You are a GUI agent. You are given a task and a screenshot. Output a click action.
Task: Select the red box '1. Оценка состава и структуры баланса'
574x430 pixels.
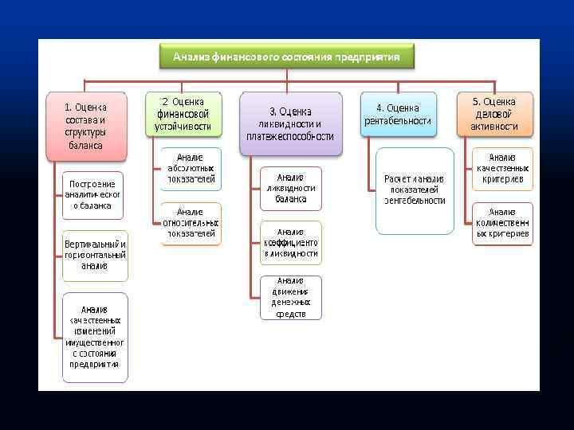(85, 126)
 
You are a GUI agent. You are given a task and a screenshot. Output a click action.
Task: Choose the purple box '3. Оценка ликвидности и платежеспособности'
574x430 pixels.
(290, 123)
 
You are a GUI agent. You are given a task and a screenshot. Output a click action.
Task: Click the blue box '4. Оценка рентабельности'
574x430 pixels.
(398, 115)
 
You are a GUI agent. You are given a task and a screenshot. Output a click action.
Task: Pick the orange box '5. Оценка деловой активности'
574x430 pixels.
(493, 114)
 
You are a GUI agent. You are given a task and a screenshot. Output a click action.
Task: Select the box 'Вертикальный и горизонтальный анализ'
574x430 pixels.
(95, 255)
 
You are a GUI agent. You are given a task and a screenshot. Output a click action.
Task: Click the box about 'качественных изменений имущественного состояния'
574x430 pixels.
(94, 337)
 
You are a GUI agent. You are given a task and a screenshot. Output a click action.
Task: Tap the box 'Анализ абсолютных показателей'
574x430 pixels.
(191, 169)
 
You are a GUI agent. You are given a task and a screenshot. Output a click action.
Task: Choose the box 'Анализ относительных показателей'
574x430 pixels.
(191, 223)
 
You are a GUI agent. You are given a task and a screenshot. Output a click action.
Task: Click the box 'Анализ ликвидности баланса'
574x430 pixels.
(291, 188)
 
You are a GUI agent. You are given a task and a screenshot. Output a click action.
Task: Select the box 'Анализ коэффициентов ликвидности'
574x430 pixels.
(291, 242)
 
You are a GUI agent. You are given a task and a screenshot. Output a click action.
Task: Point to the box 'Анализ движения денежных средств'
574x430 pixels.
(291, 297)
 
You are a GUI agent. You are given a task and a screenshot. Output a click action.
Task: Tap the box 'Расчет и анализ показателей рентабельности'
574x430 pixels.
(415, 190)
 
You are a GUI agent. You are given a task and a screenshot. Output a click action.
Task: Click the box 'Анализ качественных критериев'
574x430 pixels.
(502, 169)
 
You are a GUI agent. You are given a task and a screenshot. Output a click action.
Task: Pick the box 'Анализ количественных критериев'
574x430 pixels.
(502, 223)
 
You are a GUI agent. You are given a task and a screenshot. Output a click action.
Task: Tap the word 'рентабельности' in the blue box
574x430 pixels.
(398, 121)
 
